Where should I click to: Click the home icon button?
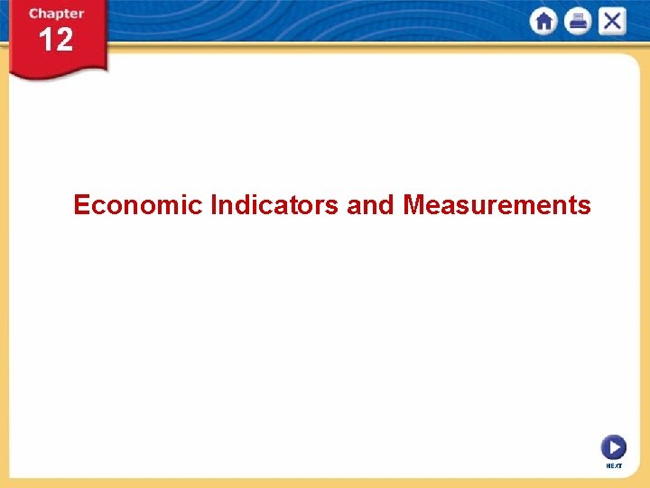tap(544, 22)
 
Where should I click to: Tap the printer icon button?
tap(578, 22)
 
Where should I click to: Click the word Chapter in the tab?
tap(56, 14)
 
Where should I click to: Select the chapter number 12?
tap(56, 40)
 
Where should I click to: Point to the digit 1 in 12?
tap(46, 40)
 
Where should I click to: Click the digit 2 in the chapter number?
tap(64, 40)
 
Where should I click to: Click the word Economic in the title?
tap(138, 205)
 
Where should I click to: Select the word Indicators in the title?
tap(274, 205)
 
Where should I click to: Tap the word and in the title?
tap(371, 205)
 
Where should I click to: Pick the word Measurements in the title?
tap(497, 205)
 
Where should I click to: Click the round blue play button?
tap(614, 447)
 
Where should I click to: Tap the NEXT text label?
tap(614, 465)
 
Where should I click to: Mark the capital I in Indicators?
tap(213, 205)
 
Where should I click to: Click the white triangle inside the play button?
tap(615, 447)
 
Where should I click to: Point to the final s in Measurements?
tap(585, 206)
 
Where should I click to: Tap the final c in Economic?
tap(198, 206)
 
